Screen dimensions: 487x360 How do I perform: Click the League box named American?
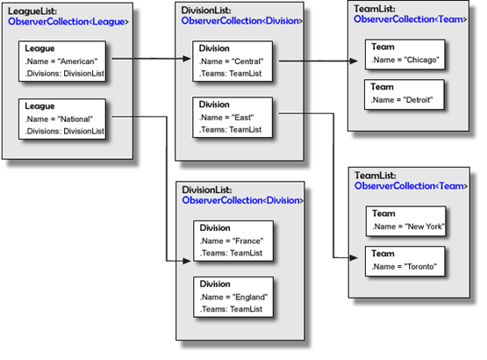coord(62,61)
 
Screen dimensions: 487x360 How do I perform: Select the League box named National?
coord(62,119)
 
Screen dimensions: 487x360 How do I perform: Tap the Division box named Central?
coord(233,61)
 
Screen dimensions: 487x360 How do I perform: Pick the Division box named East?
coord(233,118)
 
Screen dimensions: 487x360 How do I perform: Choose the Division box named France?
coord(233,241)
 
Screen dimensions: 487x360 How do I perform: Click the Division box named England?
coord(233,297)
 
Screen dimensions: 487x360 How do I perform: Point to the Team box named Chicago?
coord(405,54)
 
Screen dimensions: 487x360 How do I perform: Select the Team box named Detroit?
coord(405,95)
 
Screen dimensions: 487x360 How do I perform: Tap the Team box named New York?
coord(406,221)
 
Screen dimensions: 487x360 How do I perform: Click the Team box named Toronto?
coord(405,262)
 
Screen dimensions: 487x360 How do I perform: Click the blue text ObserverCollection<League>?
coord(68,22)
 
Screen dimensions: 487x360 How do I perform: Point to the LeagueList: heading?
coord(32,11)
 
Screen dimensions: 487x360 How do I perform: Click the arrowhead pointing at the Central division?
coord(187,59)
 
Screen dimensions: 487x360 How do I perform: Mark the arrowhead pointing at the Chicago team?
coord(354,61)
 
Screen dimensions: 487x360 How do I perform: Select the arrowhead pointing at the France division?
coord(187,261)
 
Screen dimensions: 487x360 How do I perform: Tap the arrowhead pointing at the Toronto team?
coord(354,257)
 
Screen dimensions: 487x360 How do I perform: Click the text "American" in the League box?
coord(77,61)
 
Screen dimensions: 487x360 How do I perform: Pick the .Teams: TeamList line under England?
coord(231,309)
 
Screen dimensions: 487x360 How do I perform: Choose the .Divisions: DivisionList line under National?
coord(65,131)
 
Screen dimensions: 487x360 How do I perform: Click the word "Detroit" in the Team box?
coord(418,100)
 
